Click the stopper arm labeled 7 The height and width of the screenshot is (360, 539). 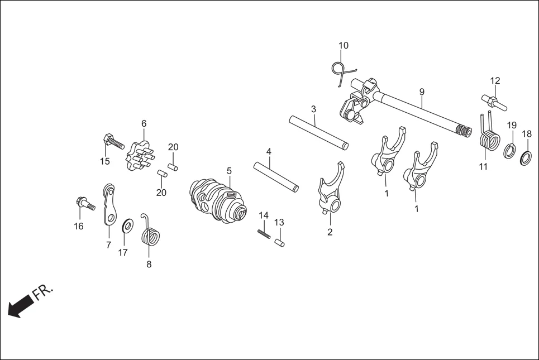coord(111,204)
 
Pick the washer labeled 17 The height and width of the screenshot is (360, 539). coord(127,226)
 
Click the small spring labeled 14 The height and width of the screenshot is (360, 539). coord(264,233)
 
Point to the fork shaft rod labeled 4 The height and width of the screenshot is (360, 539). coord(276,176)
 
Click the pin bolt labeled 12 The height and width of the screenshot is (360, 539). coord(494,101)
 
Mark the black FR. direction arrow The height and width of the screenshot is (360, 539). coord(20,306)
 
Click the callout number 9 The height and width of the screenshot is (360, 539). coord(422,92)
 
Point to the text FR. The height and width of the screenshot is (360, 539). coord(44,292)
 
